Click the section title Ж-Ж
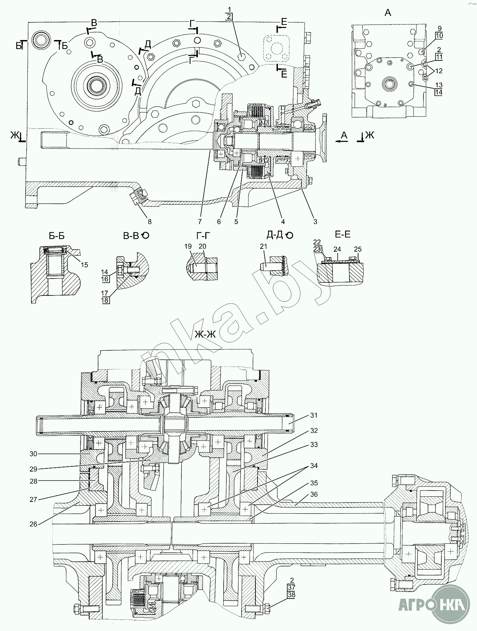coord(205,334)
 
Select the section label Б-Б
coord(57,236)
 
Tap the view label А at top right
coord(388,13)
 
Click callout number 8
coord(150,222)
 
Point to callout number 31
coord(314,415)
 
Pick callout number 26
coord(33,524)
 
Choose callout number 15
coord(85,265)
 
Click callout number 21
coord(264,246)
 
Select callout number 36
coord(314,494)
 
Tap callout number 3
coord(315,222)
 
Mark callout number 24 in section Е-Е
coord(337,249)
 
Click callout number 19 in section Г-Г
coord(188,246)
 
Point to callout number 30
coord(33,454)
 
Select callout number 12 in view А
coord(439,71)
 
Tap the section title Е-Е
coord(343,235)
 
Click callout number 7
coord(200,222)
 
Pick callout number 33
coord(314,445)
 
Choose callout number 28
coord(33,481)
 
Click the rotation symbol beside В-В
coord(146,236)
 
